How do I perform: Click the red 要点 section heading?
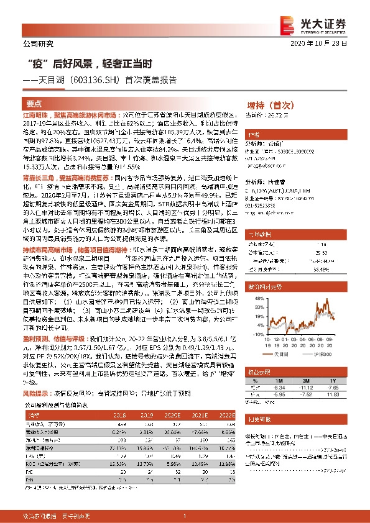coord(34,104)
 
